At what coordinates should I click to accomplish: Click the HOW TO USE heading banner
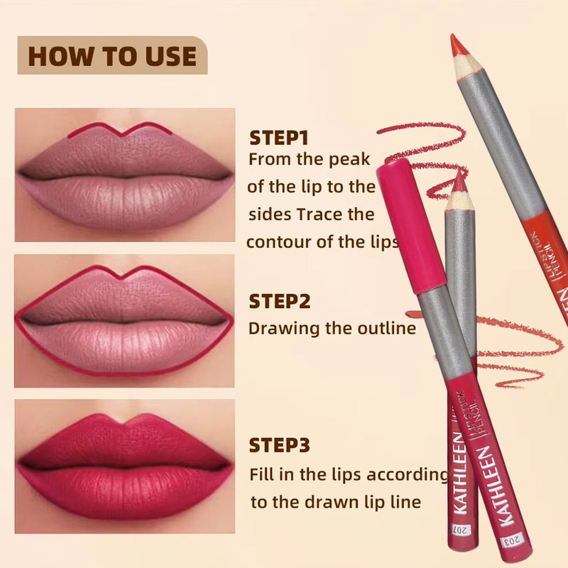point(112,55)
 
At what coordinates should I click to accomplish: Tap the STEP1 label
point(279,137)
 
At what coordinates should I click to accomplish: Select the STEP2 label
point(280,301)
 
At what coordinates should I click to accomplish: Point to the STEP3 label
point(279,445)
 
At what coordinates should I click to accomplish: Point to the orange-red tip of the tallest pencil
point(457,46)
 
